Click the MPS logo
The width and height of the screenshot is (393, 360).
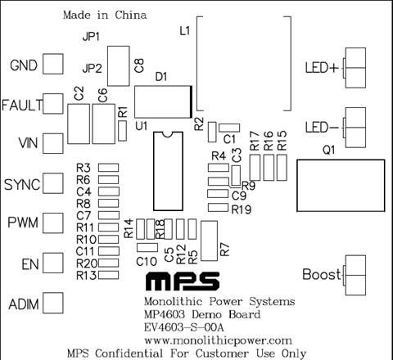[x=183, y=281]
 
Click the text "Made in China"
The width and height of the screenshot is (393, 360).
[x=105, y=15]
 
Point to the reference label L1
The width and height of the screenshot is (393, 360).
[x=185, y=31]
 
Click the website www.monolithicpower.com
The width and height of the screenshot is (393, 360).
[x=218, y=340]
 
